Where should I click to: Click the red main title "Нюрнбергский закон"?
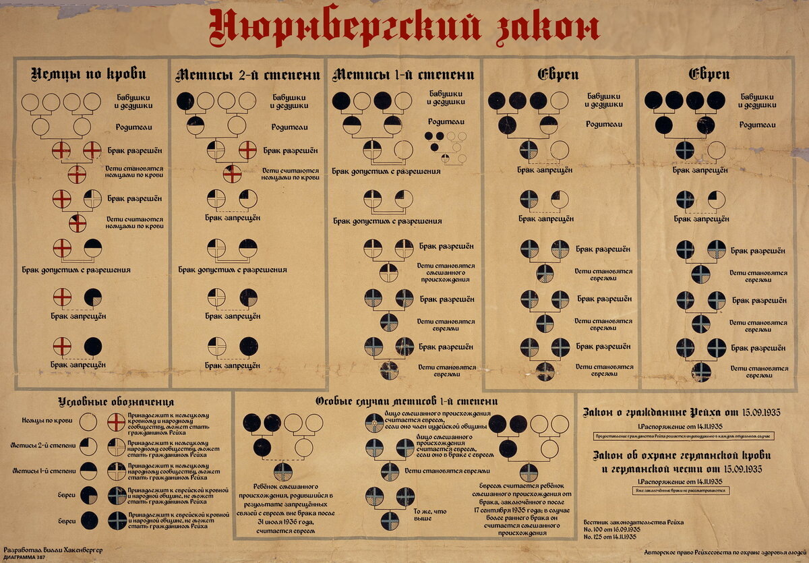[x=404, y=28]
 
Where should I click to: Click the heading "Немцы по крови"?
[x=90, y=73]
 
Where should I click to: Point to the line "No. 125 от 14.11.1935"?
[x=610, y=536]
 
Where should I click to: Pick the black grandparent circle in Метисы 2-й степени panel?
[x=185, y=101]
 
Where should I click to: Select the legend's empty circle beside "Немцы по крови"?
[x=88, y=421]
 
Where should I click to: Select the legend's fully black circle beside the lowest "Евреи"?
[x=88, y=521]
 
